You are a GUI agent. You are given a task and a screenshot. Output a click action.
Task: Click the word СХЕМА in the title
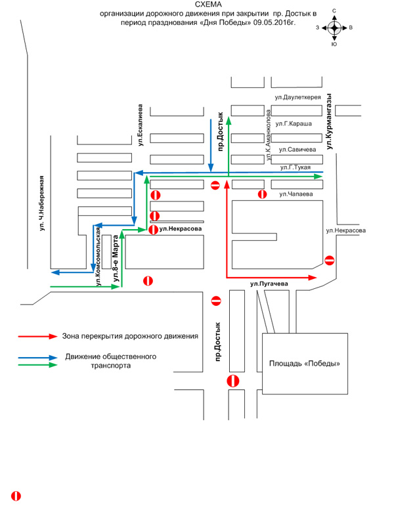pyautogui.click(x=208, y=5)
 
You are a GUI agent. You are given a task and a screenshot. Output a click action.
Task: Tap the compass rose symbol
pyautogui.click(x=334, y=28)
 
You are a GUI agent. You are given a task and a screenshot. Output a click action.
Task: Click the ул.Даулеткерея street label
pyautogui.click(x=298, y=97)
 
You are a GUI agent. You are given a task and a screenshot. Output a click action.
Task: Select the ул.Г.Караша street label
pyautogui.click(x=294, y=123)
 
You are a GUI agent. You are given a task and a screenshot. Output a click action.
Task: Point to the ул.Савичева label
pyautogui.click(x=297, y=150)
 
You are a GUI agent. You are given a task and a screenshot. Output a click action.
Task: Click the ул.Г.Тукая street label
pyautogui.click(x=295, y=167)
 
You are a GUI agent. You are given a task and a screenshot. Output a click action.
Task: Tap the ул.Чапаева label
pyautogui.click(x=296, y=194)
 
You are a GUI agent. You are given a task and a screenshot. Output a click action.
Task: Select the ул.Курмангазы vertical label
pyautogui.click(x=329, y=121)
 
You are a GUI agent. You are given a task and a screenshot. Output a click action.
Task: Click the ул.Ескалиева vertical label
pyautogui.click(x=141, y=125)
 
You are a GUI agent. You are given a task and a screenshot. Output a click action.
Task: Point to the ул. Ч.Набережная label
pyautogui.click(x=41, y=203)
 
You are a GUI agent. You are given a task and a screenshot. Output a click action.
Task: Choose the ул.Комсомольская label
pyautogui.click(x=98, y=256)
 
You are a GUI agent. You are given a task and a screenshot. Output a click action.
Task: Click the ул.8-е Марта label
pyautogui.click(x=116, y=258)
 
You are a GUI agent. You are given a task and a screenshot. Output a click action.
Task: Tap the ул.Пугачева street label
pyautogui.click(x=269, y=284)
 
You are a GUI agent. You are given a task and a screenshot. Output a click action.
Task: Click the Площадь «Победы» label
pyautogui.click(x=305, y=364)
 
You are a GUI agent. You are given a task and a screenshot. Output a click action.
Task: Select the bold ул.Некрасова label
pyautogui.click(x=181, y=228)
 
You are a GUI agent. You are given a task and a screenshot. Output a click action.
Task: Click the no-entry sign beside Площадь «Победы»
pyautogui.click(x=232, y=381)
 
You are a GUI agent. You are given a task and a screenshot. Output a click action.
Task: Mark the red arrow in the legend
pyautogui.click(x=37, y=336)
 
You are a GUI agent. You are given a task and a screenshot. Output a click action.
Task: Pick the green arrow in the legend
pyautogui.click(x=37, y=365)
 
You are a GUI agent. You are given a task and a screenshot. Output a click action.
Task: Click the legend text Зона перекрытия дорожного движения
pyautogui.click(x=130, y=336)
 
